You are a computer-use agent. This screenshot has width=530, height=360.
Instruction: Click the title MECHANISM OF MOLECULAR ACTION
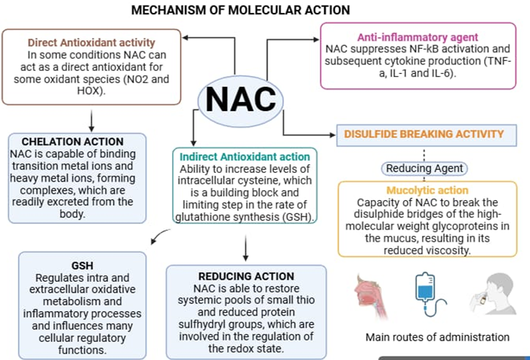pyautogui.click(x=241, y=10)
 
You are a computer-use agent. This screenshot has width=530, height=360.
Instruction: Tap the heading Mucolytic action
pyautogui.click(x=427, y=190)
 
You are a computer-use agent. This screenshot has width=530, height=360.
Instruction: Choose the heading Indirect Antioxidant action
pyautogui.click(x=245, y=156)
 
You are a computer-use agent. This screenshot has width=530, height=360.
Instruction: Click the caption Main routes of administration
pyautogui.click(x=437, y=337)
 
